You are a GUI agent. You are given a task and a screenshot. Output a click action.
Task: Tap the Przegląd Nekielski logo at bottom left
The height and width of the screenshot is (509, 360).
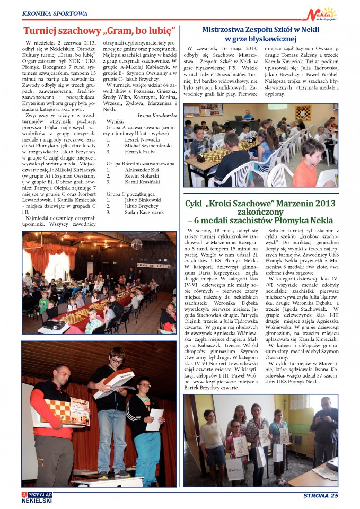(x=37, y=496)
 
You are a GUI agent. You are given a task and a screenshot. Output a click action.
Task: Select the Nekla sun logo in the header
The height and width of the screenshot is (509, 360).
(x=322, y=14)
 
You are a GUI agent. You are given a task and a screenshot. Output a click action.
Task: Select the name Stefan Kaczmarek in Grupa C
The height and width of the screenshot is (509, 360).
(x=143, y=212)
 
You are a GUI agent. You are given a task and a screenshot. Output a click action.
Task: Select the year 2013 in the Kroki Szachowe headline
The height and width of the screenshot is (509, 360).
(x=320, y=204)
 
